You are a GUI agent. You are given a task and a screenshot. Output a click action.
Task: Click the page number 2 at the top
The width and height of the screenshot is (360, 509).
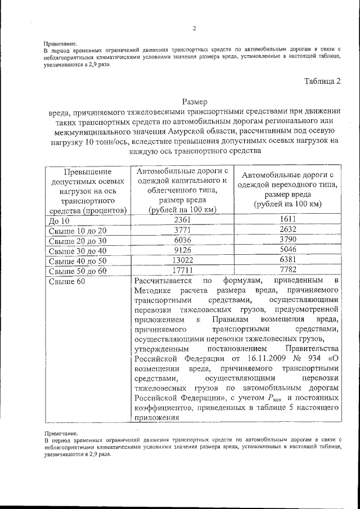click(194, 29)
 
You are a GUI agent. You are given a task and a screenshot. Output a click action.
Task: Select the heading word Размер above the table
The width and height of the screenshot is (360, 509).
click(195, 102)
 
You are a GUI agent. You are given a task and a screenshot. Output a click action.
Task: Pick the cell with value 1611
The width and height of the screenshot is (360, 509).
click(287, 219)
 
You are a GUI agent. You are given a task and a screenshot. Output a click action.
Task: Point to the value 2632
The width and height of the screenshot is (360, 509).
click(287, 230)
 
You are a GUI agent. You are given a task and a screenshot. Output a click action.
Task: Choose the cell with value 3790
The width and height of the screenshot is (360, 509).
click(287, 240)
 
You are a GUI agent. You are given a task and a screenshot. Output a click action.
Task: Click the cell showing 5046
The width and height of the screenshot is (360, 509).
click(287, 250)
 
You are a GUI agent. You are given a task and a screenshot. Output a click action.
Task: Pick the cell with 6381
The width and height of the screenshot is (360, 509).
click(287, 260)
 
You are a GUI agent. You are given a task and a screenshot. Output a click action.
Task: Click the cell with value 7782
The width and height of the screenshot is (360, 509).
click(287, 271)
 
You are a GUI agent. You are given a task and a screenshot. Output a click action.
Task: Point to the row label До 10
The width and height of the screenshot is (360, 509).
click(59, 220)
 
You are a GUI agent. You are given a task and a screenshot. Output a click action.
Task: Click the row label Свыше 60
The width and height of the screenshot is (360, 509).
click(67, 282)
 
